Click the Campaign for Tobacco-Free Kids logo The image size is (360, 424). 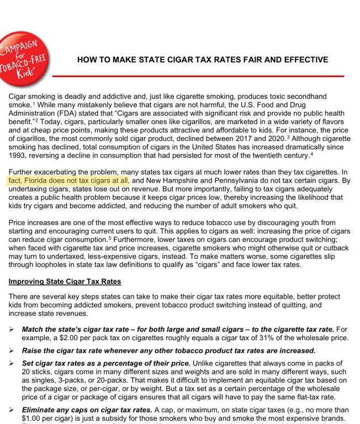click(23, 59)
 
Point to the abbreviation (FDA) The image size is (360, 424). click(70, 113)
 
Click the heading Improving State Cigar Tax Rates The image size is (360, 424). click(65, 282)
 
